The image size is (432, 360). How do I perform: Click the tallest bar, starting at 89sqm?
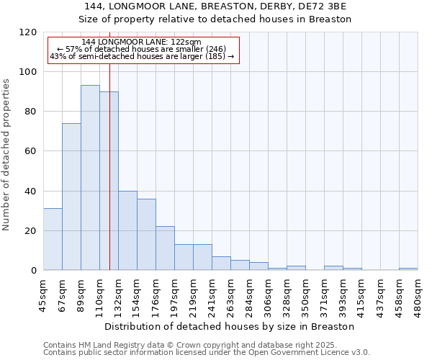pyautogui.click(x=90, y=178)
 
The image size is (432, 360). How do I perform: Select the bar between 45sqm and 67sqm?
pyautogui.click(x=53, y=239)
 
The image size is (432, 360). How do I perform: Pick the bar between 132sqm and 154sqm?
pyautogui.click(x=127, y=230)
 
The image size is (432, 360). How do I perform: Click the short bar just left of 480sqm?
pyautogui.click(x=408, y=269)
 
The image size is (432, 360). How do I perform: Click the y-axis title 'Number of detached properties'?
pyautogui.click(x=6, y=155)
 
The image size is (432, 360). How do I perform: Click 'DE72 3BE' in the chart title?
pyautogui.click(x=325, y=6)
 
